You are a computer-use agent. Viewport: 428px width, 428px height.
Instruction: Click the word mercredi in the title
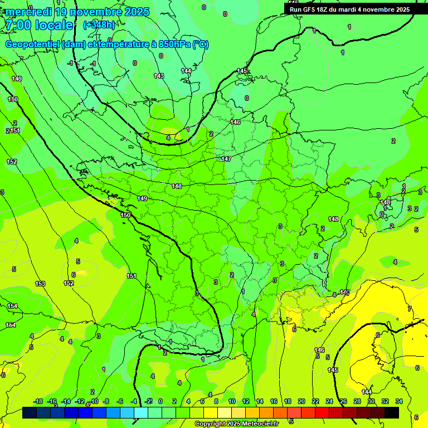coord(28,12)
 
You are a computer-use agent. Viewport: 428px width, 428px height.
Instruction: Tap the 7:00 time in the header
coord(15,25)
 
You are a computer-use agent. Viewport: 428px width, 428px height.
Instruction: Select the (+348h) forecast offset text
coord(99,25)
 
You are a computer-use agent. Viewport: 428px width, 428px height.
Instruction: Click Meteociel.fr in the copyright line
coord(256,424)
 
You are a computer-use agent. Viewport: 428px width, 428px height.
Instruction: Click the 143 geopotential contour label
coord(159,76)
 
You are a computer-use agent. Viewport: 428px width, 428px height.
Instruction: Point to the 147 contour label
coord(226,159)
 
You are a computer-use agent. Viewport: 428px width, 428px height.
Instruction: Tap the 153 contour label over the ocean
coord(40,284)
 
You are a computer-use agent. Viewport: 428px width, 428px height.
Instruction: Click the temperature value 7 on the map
coord(410,309)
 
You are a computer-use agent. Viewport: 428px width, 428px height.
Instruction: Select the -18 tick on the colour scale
coord(38,401)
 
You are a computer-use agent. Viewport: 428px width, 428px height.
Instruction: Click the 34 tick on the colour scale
coord(399,401)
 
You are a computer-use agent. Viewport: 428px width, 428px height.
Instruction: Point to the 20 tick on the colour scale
coord(301,401)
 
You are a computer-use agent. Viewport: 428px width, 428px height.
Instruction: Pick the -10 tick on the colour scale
coord(94,401)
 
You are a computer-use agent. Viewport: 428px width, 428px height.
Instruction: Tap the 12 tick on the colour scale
coord(246,401)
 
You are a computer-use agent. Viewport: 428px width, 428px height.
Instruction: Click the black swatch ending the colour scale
coord(392,412)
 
